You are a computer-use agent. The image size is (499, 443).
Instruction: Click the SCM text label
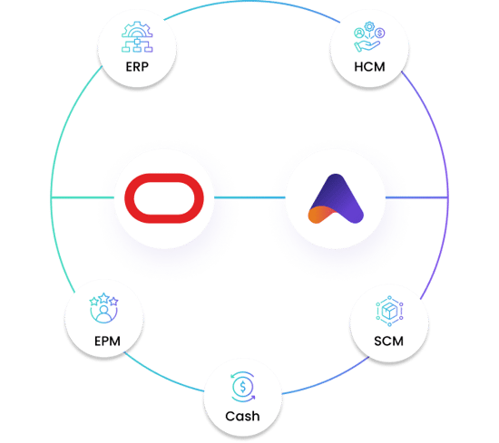coord(387,342)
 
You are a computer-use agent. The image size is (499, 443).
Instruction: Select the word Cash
coord(241,416)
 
